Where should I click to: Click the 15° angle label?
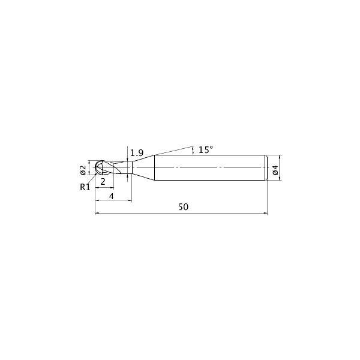pyautogui.click(x=206, y=150)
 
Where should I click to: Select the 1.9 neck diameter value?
pyautogui.click(x=137, y=152)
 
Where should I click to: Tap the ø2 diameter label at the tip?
pyautogui.click(x=83, y=170)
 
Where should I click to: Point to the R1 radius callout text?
pyautogui.click(x=85, y=187)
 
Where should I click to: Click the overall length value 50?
pyautogui.click(x=184, y=207)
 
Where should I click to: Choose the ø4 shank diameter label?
pyautogui.click(x=275, y=170)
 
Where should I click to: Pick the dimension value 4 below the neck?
pyautogui.click(x=112, y=196)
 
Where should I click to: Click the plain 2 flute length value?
pyautogui.click(x=103, y=182)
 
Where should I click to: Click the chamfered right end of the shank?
pyautogui.click(x=267, y=168)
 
